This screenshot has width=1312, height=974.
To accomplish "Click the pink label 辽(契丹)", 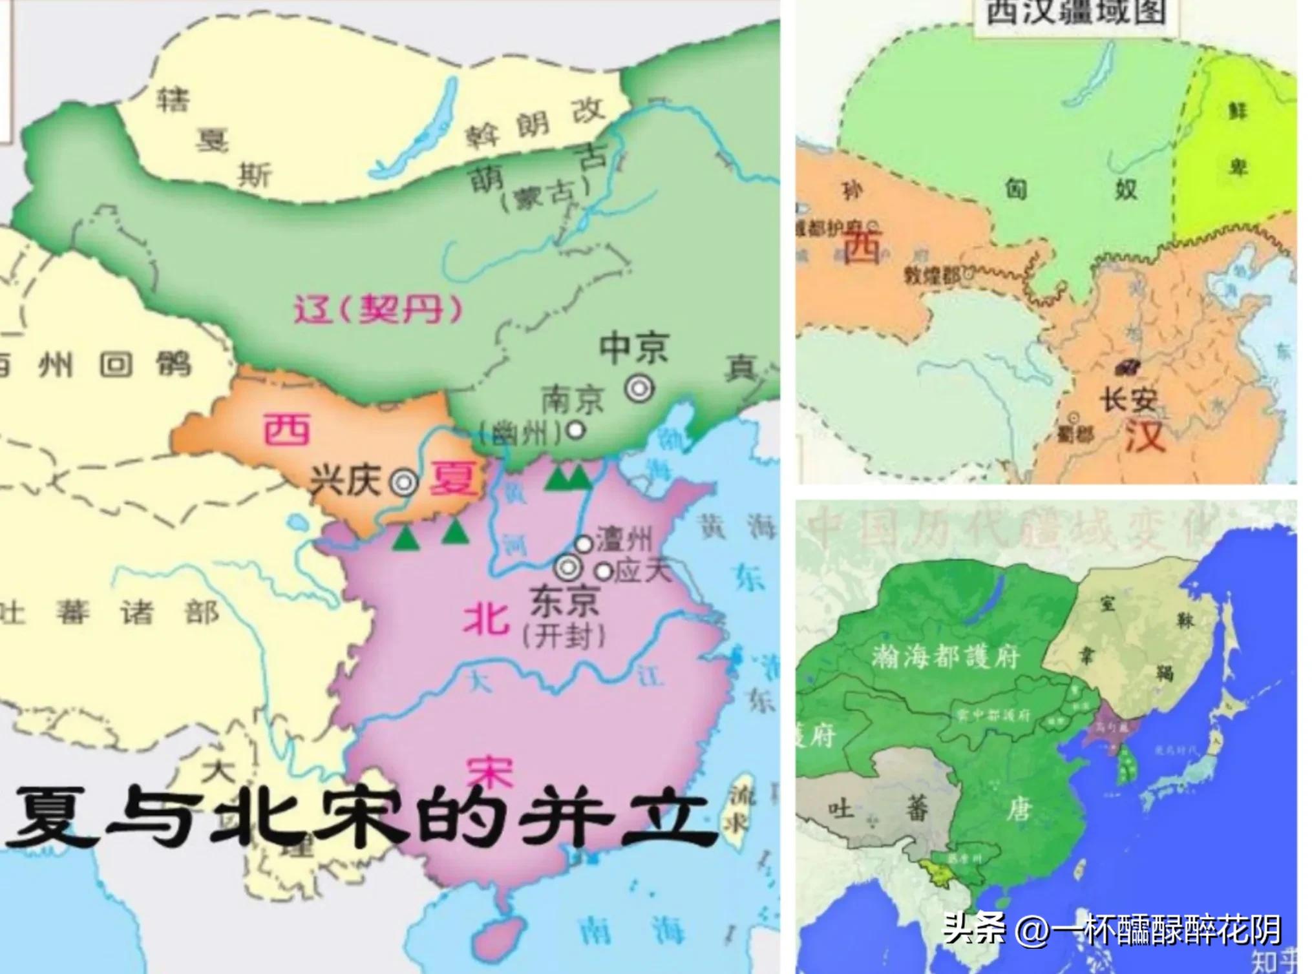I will (x=379, y=309).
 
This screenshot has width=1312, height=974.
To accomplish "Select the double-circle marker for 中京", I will (x=640, y=389).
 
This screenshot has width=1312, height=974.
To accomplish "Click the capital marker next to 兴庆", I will (x=405, y=482).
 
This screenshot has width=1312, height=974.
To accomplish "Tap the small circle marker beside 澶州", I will (x=584, y=544).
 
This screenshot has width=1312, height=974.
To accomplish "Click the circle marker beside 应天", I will (x=604, y=571).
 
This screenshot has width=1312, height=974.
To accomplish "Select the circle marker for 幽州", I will (x=575, y=430).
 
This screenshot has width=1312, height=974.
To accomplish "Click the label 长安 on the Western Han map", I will (x=1128, y=399).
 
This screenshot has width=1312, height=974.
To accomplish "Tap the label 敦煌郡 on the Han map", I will (x=932, y=276).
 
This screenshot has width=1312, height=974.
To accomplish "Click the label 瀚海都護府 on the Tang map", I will (x=945, y=656).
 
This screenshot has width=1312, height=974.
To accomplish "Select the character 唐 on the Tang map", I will (x=1019, y=809).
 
